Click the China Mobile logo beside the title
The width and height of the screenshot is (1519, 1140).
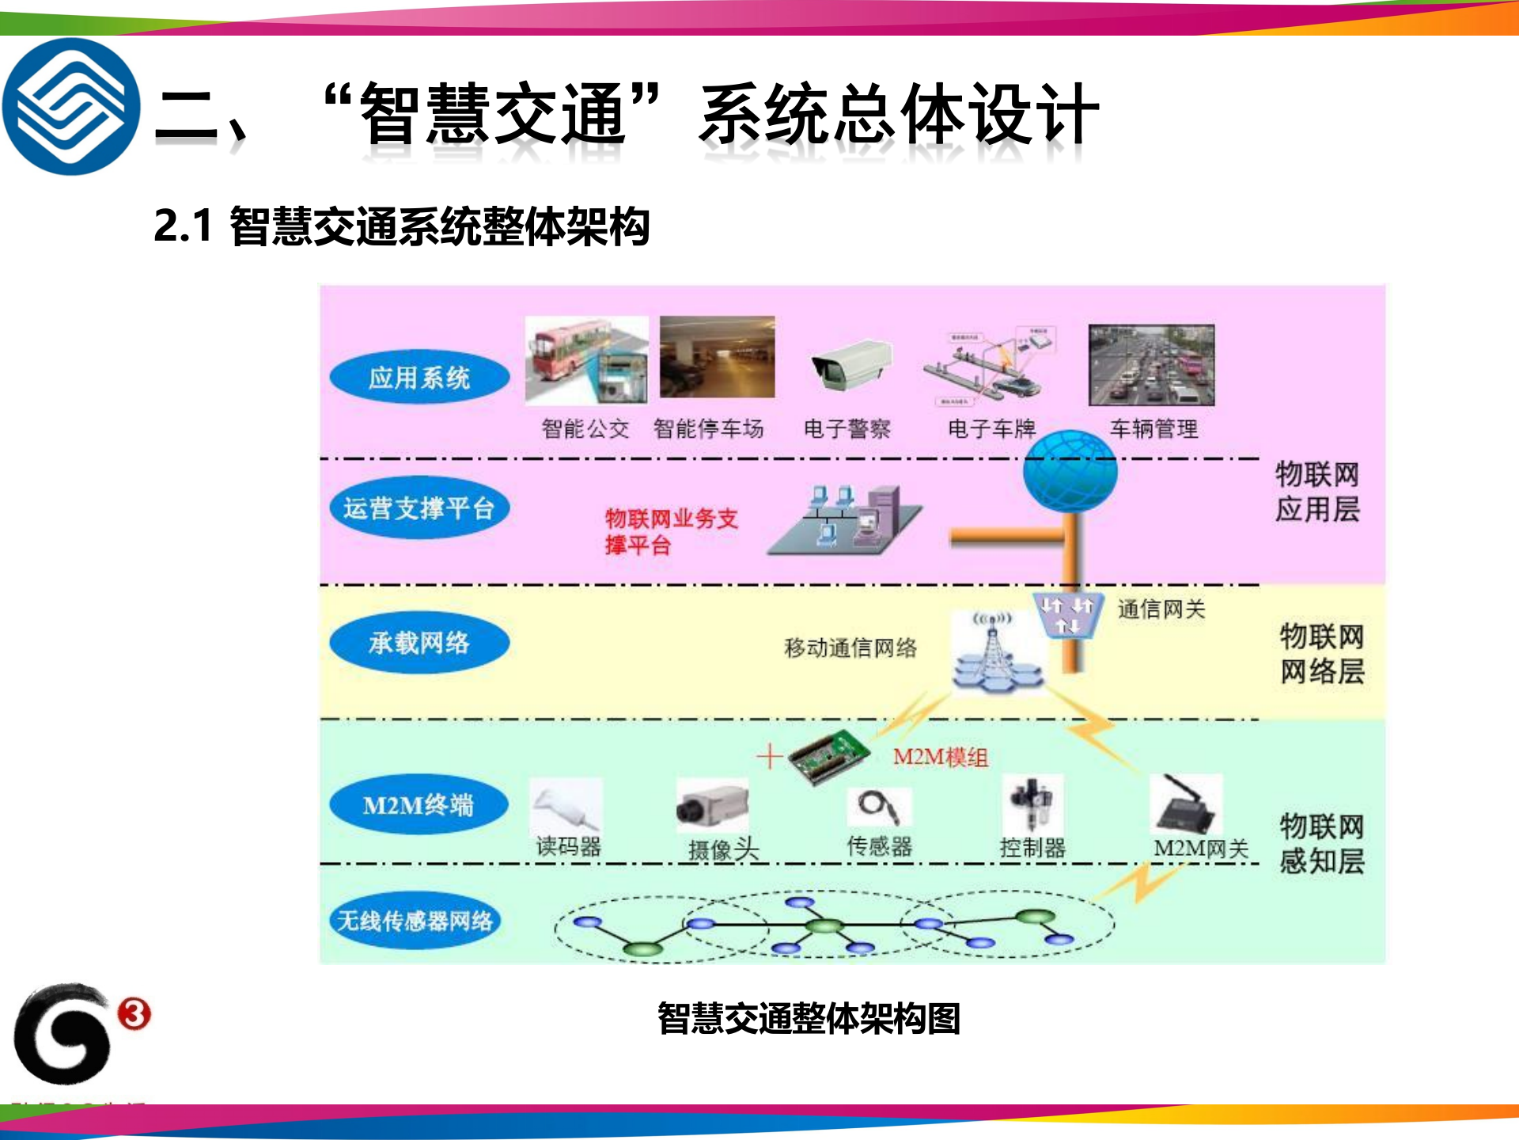click(x=71, y=107)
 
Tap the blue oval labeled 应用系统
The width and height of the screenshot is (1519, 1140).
click(x=419, y=378)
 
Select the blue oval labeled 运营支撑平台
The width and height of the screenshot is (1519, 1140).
click(x=419, y=508)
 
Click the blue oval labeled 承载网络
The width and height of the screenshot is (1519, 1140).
click(x=419, y=643)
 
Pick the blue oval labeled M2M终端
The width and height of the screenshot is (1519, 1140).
click(x=419, y=805)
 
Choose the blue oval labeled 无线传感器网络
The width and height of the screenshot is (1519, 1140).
click(x=415, y=921)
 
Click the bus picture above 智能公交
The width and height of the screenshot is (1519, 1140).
click(x=586, y=360)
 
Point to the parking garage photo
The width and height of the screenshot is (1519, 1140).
click(x=718, y=357)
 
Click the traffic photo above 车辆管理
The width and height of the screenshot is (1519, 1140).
click(x=1151, y=365)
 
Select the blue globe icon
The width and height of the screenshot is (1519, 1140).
click(x=1070, y=473)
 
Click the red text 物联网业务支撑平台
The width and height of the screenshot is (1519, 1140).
click(x=671, y=531)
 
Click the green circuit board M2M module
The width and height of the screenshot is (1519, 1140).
click(x=829, y=756)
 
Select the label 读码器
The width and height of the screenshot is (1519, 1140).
click(x=569, y=846)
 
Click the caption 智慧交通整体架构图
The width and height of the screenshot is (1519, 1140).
click(x=809, y=1018)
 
